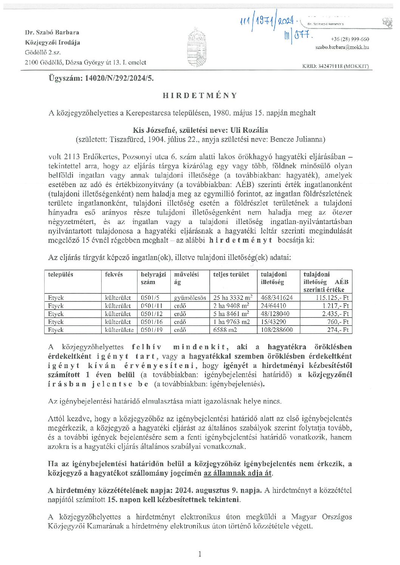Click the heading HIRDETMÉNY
pos(200,95)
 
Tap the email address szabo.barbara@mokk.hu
pos(342,48)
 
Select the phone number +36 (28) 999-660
pos(350,39)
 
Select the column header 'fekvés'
pos(114,275)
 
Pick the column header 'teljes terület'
pos(231,275)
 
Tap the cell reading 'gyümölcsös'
pos(190,298)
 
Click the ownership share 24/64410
pos(273,306)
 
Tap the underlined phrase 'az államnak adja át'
pos(238,473)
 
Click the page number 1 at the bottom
pos(200,554)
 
